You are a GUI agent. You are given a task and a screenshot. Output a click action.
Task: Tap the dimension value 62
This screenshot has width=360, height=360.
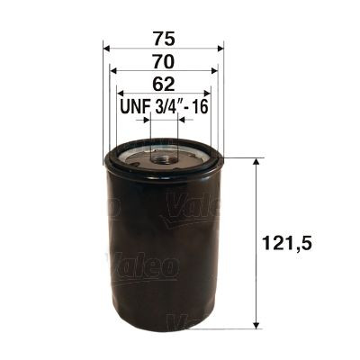pyautogui.click(x=164, y=85)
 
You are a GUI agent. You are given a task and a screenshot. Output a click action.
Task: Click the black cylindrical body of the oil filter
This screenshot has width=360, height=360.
pyautogui.click(x=164, y=261)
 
